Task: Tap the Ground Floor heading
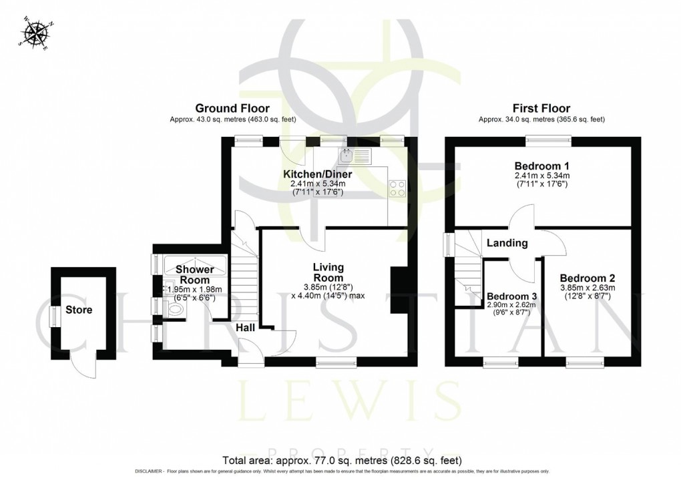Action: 232,108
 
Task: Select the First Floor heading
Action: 541,108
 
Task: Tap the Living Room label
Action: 328,272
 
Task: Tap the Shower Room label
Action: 194,274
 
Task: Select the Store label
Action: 79,310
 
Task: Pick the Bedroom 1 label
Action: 541,166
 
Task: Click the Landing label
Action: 507,243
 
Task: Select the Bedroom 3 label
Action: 511,296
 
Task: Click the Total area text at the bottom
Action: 340,460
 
